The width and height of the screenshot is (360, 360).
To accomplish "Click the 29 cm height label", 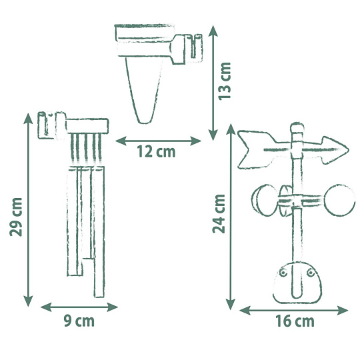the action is click(x=16, y=217).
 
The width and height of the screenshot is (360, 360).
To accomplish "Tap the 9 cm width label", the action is click(x=79, y=321).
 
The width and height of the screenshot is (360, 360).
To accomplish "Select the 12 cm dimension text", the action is click(x=156, y=151).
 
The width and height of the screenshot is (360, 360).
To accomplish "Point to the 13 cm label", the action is click(x=224, y=81).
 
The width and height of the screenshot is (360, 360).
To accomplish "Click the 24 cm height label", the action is click(x=219, y=214).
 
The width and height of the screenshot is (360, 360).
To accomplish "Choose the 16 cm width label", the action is click(x=295, y=321).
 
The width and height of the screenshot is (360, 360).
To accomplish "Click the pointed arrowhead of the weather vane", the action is click(x=335, y=150).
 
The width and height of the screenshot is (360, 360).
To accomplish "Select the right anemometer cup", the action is click(x=340, y=200).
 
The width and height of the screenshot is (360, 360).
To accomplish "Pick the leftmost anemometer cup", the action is click(x=263, y=200).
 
